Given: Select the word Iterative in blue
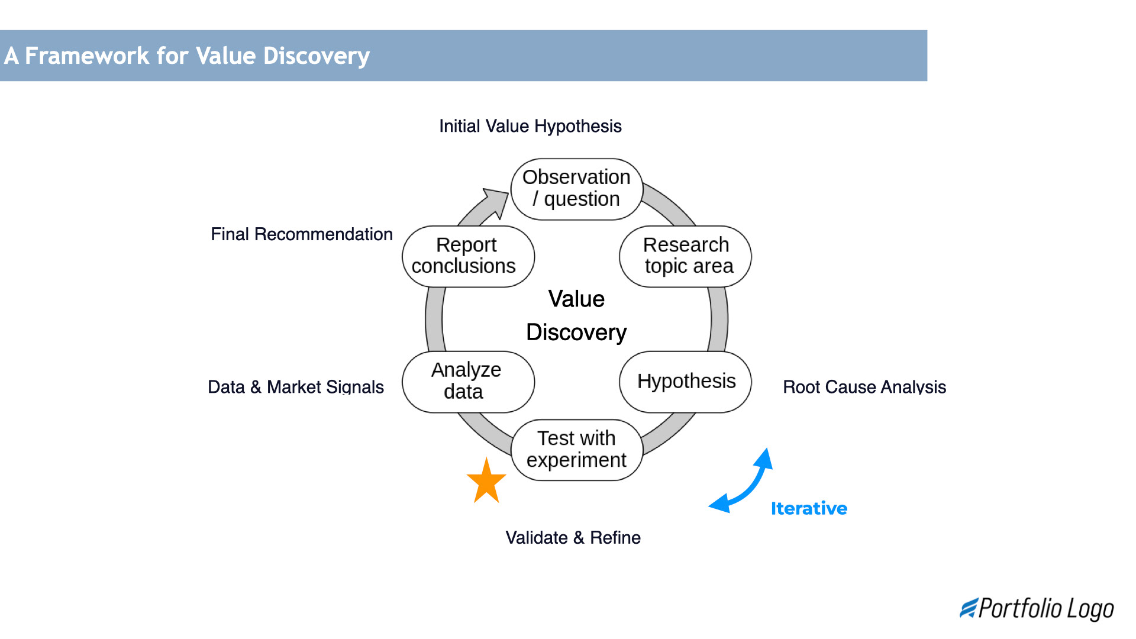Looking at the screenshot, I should [809, 508].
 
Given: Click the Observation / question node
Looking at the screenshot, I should [576, 189].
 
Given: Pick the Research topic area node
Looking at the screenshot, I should [685, 256].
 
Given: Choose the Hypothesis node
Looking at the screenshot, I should [685, 382].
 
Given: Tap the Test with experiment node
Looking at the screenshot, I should [576, 450].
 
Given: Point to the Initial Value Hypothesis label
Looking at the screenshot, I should [530, 126].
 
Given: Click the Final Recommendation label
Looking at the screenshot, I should [302, 234].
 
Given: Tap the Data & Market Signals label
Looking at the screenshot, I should [296, 387].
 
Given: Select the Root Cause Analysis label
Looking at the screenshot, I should [864, 387].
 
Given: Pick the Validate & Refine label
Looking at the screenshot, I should [573, 537].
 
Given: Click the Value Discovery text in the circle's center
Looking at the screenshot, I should [576, 316].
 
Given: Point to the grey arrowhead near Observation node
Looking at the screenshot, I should [498, 201].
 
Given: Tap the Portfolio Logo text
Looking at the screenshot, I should [1046, 608].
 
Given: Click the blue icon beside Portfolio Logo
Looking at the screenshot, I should [968, 608].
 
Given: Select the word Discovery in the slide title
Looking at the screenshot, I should [316, 56].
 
